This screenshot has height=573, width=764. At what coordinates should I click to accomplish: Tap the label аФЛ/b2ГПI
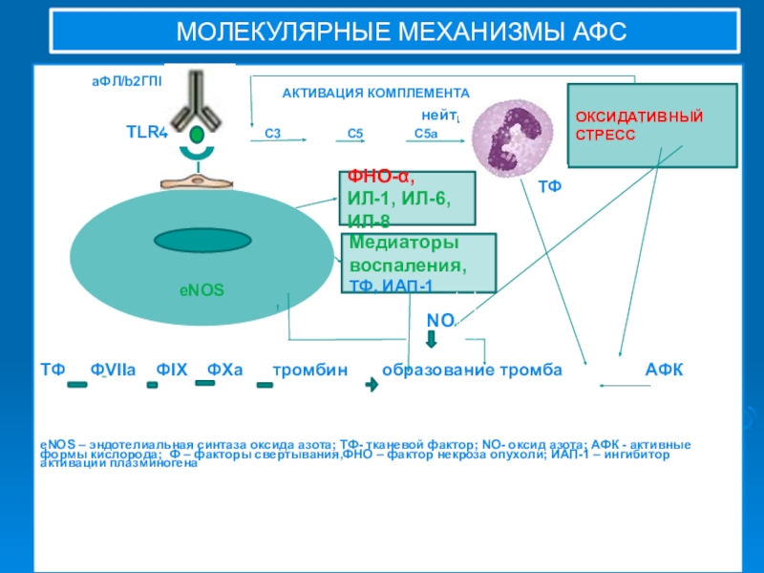[x=127, y=82]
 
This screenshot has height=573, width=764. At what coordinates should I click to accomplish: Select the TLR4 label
[x=147, y=133]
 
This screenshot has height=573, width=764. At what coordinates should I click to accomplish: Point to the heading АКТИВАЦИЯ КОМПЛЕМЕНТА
[x=375, y=94]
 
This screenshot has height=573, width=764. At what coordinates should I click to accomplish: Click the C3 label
[x=272, y=134]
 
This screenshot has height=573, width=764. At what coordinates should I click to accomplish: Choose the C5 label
[x=355, y=134]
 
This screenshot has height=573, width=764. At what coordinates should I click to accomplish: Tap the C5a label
[x=425, y=134]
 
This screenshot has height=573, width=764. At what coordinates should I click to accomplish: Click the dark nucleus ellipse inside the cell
[x=202, y=242]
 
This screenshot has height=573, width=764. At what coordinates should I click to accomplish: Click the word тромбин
[x=310, y=370]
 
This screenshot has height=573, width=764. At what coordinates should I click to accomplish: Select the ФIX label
[x=173, y=370]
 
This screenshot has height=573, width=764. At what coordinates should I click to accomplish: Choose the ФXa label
[x=225, y=370]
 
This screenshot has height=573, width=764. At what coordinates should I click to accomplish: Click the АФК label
[x=664, y=370]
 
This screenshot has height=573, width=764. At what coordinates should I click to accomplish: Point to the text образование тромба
[x=472, y=370]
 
